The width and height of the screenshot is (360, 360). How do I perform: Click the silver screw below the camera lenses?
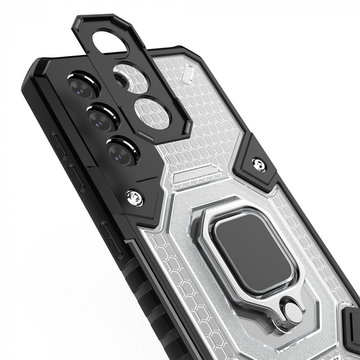pyautogui.click(x=136, y=196)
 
